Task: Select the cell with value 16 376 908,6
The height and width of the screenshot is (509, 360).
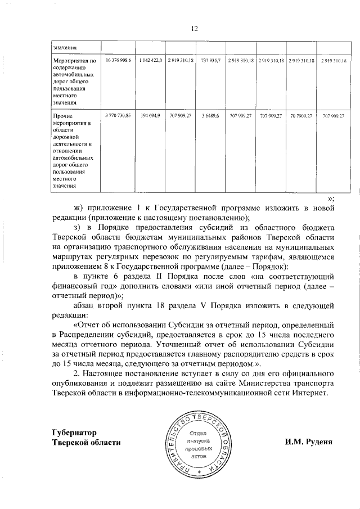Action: (x=118, y=60)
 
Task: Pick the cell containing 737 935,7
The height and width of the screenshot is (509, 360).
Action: (x=211, y=60)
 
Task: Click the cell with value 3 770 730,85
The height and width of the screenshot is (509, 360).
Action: (x=118, y=115)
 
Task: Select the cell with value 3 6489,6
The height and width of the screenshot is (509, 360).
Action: (x=211, y=115)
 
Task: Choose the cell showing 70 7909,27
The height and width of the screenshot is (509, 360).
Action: (x=301, y=115)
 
